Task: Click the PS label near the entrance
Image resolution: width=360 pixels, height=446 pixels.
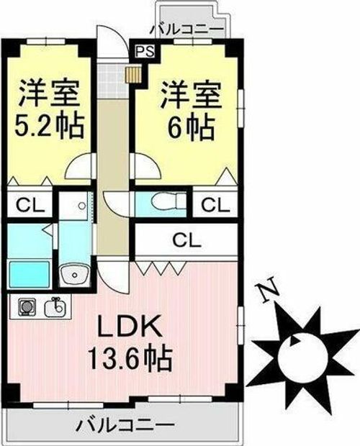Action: (x=144, y=52)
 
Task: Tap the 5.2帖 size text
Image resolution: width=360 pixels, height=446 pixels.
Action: (x=49, y=128)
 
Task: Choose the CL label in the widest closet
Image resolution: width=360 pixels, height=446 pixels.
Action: (x=186, y=240)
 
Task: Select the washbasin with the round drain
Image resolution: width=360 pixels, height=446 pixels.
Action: (x=73, y=275)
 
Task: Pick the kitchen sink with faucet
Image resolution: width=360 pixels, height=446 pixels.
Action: (x=55, y=308)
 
